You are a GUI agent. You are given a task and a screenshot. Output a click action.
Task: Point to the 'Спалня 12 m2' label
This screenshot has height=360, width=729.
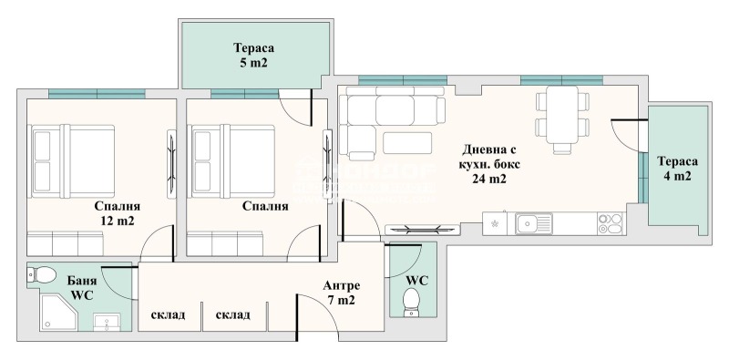point(114,212)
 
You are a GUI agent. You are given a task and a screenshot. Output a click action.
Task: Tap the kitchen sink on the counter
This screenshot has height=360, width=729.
point(529,222)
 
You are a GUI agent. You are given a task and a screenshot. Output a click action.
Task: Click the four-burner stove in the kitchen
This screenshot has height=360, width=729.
point(610,223)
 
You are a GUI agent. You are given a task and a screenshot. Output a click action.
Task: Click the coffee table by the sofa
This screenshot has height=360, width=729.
point(407,143)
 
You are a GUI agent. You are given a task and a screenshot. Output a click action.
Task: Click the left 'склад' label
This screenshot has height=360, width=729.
point(168,315)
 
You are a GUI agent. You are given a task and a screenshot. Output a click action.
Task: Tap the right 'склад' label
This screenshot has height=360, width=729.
point(233,315)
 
